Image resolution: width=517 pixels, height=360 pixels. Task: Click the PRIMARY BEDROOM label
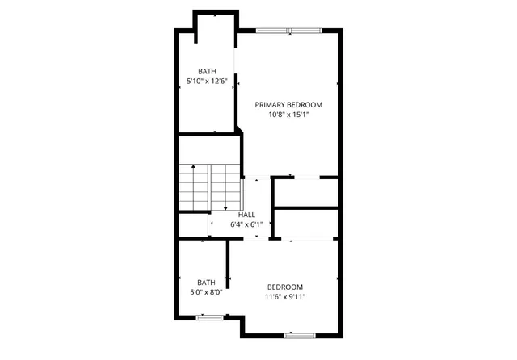pyautogui.click(x=288, y=104)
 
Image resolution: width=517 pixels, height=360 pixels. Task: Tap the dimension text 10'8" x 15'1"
pyautogui.click(x=288, y=115)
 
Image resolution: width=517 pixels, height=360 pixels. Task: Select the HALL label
pyautogui.click(x=246, y=215)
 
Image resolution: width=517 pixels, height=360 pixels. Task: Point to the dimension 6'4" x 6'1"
pyautogui.click(x=246, y=224)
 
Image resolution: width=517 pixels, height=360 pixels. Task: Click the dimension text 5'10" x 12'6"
pyautogui.click(x=207, y=82)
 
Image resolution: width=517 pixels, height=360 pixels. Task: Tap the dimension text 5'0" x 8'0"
pyautogui.click(x=206, y=292)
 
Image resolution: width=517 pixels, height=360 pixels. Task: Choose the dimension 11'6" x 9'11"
pyautogui.click(x=285, y=297)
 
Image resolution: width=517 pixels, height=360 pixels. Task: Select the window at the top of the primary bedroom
pyautogui.click(x=288, y=31)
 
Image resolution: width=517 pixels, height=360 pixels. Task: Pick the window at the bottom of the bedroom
pyautogui.click(x=299, y=334)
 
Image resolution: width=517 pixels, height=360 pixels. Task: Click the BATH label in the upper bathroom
pyautogui.click(x=207, y=72)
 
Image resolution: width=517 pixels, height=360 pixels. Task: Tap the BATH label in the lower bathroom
pyautogui.click(x=206, y=283)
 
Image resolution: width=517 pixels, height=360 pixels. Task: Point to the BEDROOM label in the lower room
pyautogui.click(x=285, y=287)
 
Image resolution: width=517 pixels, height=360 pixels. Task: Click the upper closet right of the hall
pyautogui.click(x=305, y=192)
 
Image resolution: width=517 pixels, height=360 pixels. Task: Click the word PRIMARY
pyautogui.click(x=271, y=104)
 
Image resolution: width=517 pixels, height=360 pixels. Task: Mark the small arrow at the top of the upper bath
pyautogui.click(x=215, y=16)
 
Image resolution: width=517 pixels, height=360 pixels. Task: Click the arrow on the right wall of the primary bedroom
pyautogui.click(x=338, y=82)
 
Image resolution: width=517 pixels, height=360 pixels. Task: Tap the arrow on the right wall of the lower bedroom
pyautogui.click(x=338, y=279)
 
